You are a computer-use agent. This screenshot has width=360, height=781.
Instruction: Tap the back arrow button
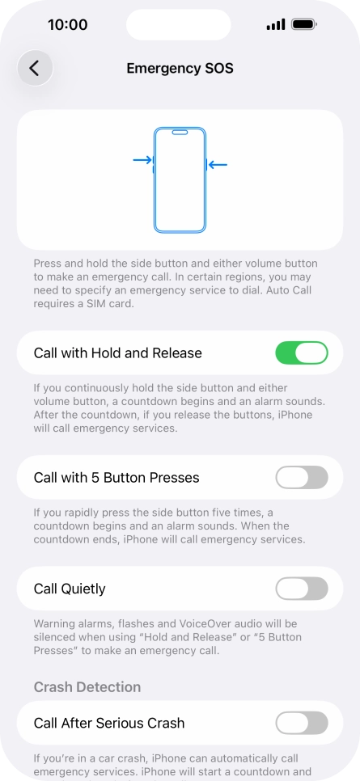pyautogui.click(x=35, y=69)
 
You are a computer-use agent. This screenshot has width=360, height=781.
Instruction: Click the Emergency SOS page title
pyautogui.click(x=180, y=69)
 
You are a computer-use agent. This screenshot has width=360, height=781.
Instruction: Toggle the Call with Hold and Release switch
pyautogui.click(x=302, y=353)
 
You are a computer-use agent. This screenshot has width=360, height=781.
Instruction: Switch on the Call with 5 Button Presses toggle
pyautogui.click(x=302, y=478)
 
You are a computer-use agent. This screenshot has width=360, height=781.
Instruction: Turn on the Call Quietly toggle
pyautogui.click(x=302, y=589)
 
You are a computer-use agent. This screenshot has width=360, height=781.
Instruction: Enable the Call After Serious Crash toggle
pyautogui.click(x=302, y=723)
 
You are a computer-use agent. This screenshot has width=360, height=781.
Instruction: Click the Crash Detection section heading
pyautogui.click(x=87, y=687)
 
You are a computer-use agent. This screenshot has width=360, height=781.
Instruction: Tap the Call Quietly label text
pyautogui.click(x=70, y=589)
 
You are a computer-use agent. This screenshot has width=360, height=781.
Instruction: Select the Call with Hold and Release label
pyautogui.click(x=118, y=353)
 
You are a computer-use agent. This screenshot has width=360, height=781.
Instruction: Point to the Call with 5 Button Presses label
pyautogui.click(x=116, y=478)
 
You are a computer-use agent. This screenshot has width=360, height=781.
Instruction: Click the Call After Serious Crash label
pyautogui.click(x=109, y=723)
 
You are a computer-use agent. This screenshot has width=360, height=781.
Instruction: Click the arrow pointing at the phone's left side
pyautogui.click(x=142, y=160)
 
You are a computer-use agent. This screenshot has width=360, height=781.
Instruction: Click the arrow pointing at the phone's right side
pyautogui.click(x=218, y=165)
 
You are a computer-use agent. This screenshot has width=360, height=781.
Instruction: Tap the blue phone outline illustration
pyautogui.click(x=180, y=180)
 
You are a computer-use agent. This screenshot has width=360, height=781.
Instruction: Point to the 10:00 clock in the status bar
pyautogui.click(x=68, y=25)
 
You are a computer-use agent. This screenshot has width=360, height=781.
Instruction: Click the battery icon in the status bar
pyautogui.click(x=304, y=25)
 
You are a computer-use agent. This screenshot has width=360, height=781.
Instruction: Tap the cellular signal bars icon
pyautogui.click(x=275, y=25)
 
